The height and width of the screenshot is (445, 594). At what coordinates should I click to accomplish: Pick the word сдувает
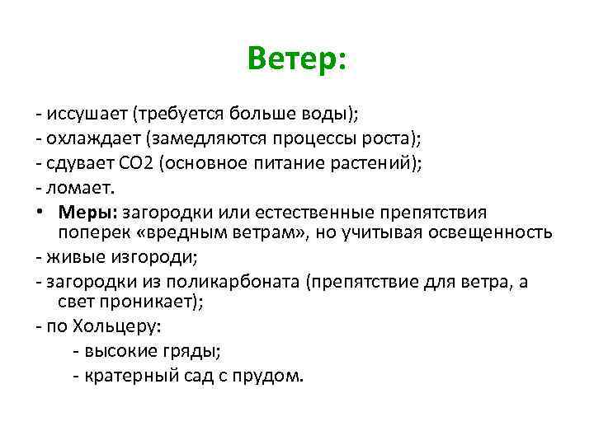[x=85, y=162]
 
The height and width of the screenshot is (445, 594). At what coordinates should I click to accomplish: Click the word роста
[x=385, y=137]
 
